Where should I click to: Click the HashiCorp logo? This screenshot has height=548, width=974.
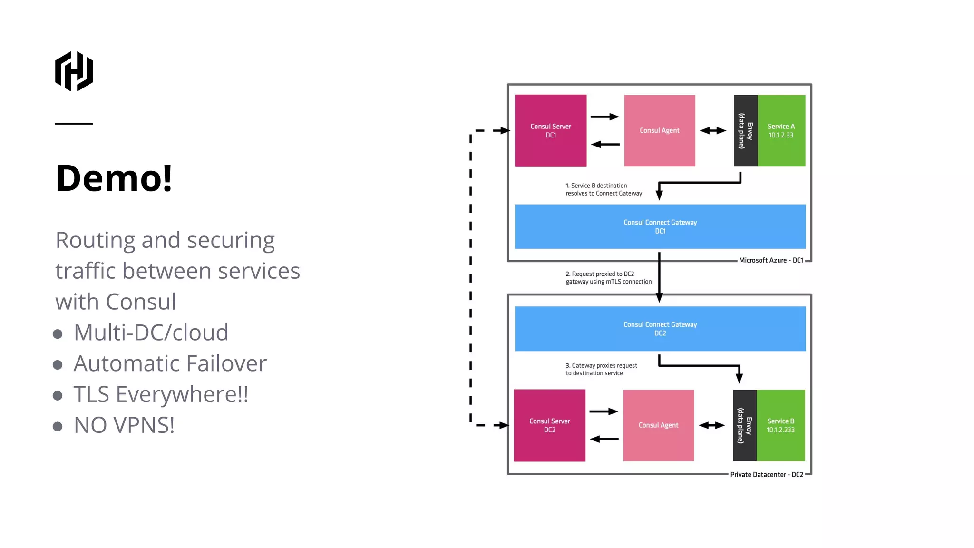pos(74,71)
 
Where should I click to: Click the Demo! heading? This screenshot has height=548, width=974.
pos(114,178)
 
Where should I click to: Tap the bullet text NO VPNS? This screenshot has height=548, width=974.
pos(124,425)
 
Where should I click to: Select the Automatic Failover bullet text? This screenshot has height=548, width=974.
pos(170,363)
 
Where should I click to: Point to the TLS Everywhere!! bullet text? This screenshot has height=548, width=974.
pos(161,394)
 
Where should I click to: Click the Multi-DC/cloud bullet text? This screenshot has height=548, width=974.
pos(151,333)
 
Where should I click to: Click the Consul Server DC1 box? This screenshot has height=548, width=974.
pos(550,131)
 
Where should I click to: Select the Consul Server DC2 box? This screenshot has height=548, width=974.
pos(549,425)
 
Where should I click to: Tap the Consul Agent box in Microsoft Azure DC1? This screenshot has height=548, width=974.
pos(659,131)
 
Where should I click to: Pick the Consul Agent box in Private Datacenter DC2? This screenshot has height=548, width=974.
pos(658,425)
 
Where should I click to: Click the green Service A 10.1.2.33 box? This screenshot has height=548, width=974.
pos(781,131)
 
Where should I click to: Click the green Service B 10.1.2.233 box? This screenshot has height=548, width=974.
pos(780,425)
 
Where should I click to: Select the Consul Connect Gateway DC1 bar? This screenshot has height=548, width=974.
pos(660,226)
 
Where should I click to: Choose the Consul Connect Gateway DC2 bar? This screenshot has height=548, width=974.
pos(660,329)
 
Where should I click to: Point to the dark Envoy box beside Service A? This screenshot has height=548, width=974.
pos(745,131)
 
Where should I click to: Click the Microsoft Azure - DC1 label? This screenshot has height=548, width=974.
pos(770,260)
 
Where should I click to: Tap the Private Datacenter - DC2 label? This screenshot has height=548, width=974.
pos(766,475)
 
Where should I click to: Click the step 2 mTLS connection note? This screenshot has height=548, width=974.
pos(608,278)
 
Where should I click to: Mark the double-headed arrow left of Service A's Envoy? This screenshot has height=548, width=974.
pos(713,130)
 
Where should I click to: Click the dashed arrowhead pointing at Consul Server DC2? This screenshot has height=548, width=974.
pos(502,425)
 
